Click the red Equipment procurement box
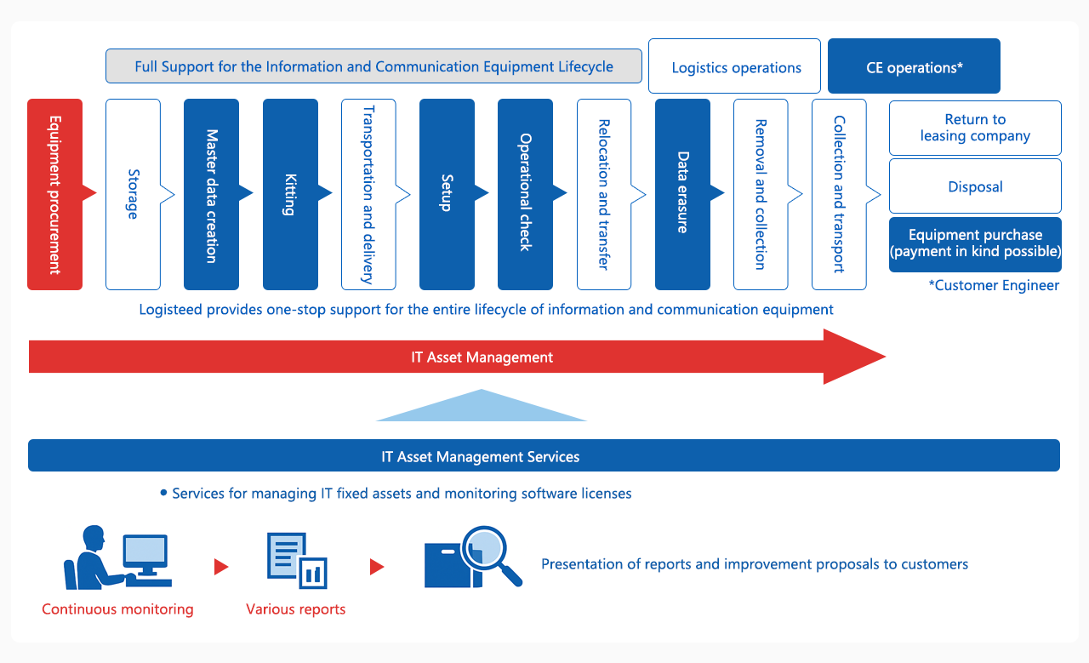[54, 194]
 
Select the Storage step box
[133, 194]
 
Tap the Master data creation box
[211, 194]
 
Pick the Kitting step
[290, 194]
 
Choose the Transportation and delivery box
[368, 194]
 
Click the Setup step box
[447, 194]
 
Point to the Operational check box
[525, 194]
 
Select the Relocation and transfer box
[604, 194]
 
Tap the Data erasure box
[682, 194]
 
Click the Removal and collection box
[761, 194]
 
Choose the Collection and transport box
[839, 194]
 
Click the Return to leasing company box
[975, 128]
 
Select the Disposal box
[975, 186]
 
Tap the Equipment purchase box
[975, 244]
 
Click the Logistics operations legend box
[735, 66]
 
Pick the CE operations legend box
[914, 66]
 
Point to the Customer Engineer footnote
[994, 286]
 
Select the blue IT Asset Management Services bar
[544, 456]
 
